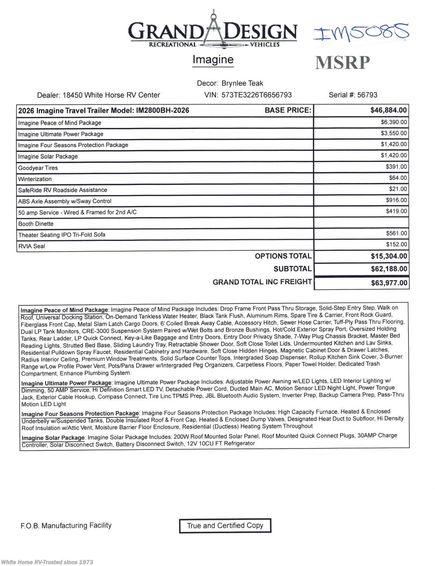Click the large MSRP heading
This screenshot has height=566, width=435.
[x=342, y=62]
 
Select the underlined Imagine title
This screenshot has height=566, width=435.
[x=213, y=60]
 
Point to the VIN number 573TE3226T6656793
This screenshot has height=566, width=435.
[x=256, y=95]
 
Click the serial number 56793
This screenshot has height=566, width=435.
[x=367, y=95]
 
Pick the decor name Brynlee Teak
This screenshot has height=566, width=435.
[x=242, y=83]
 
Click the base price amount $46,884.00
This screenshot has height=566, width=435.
[x=389, y=110]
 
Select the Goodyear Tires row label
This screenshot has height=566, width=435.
[x=38, y=168]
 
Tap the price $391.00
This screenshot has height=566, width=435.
[x=396, y=167]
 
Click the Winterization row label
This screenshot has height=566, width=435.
[x=35, y=179]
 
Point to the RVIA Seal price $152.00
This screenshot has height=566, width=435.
[x=396, y=245]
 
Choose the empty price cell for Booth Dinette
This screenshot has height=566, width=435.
[x=361, y=223]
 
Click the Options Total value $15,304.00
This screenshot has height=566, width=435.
[x=389, y=256]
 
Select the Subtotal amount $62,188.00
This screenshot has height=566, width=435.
[x=389, y=269]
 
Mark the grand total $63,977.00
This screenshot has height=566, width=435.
[x=389, y=283]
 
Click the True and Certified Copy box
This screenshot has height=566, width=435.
[x=225, y=526]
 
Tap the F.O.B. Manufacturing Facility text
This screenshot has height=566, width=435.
[x=66, y=525]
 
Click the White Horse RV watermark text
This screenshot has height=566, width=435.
[x=47, y=562]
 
